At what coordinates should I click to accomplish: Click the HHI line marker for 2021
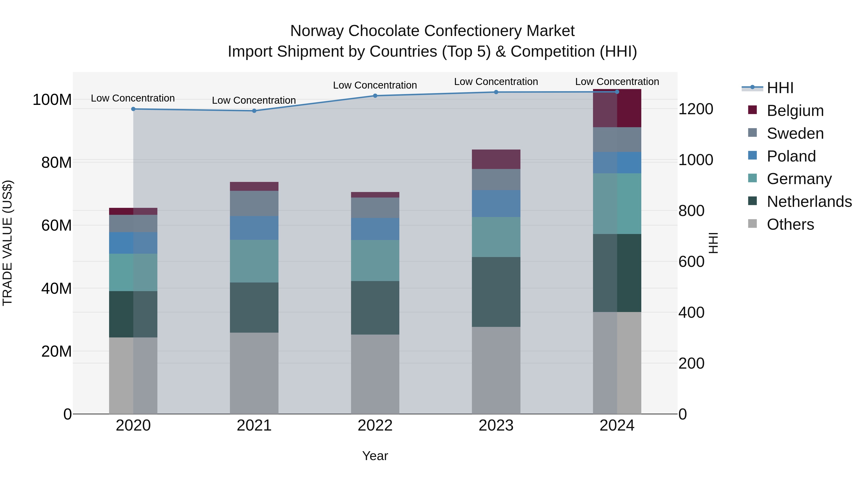pyautogui.click(x=254, y=111)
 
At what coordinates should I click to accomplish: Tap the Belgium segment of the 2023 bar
pyautogui.click(x=496, y=159)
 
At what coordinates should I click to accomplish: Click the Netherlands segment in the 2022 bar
pyautogui.click(x=375, y=308)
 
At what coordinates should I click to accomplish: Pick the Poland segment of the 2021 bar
pyautogui.click(x=254, y=228)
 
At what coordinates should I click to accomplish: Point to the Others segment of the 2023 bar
pyautogui.click(x=496, y=370)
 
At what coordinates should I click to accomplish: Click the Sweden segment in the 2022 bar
pyautogui.click(x=375, y=208)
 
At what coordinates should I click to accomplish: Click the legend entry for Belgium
pyautogui.click(x=795, y=111)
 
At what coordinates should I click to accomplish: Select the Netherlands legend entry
pyautogui.click(x=809, y=202)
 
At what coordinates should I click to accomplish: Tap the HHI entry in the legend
pyautogui.click(x=780, y=88)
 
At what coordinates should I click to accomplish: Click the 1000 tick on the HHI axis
pyautogui.click(x=696, y=160)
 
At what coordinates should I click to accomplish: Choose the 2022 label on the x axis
pyautogui.click(x=375, y=426)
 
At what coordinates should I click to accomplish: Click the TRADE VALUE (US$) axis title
pyautogui.click(x=7, y=243)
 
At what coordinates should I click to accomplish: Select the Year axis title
pyautogui.click(x=375, y=456)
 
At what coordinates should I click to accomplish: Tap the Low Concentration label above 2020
pyautogui.click(x=133, y=98)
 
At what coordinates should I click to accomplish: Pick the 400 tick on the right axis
pyautogui.click(x=691, y=312)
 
